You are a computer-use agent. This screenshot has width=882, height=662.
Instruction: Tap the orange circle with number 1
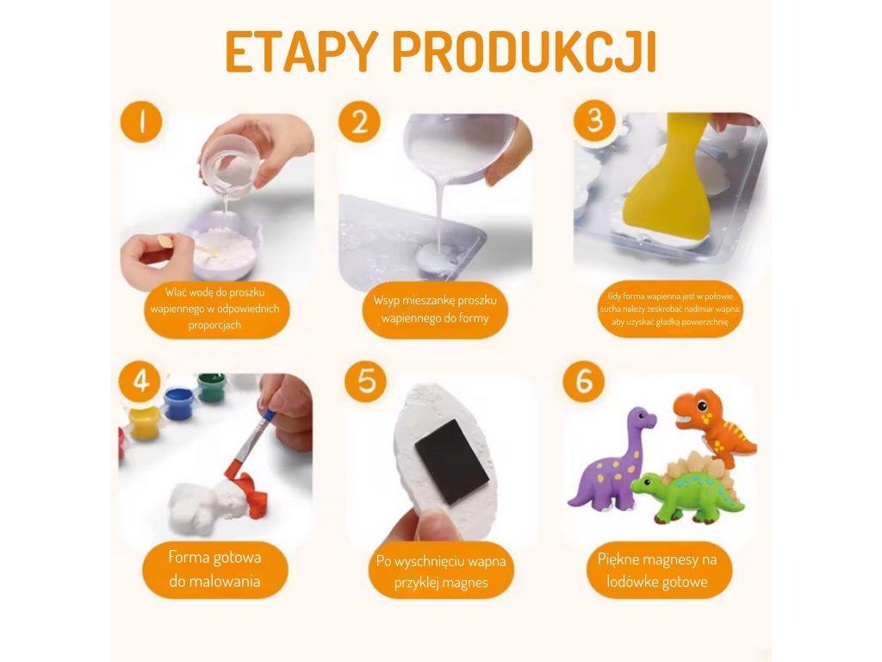[x=141, y=122]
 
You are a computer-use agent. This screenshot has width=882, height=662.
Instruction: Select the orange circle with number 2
[x=359, y=122]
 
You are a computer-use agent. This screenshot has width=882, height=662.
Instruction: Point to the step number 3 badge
[x=594, y=121]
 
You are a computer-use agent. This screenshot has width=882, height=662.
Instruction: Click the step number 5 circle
[x=365, y=382]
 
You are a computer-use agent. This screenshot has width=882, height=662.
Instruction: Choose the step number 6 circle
[x=584, y=382]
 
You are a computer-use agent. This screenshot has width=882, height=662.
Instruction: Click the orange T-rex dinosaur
[x=713, y=424]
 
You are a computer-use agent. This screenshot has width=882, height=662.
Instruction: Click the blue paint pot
[x=178, y=402]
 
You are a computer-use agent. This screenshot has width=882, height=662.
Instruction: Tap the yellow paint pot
[x=144, y=422]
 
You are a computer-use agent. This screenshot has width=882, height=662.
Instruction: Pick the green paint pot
[x=212, y=387]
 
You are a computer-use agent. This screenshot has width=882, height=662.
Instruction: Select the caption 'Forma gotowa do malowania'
[x=214, y=569]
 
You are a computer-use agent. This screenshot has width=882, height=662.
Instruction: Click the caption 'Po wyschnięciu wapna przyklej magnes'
[x=441, y=571]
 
